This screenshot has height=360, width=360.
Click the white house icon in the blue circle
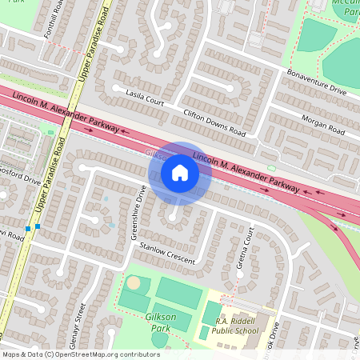pos(180,173)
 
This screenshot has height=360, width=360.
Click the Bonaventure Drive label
pos(317,82)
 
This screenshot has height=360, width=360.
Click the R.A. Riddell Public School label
pos(236,326)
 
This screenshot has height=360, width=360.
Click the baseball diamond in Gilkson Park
pos(134,282)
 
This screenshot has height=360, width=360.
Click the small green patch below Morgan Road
pos(271,167)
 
